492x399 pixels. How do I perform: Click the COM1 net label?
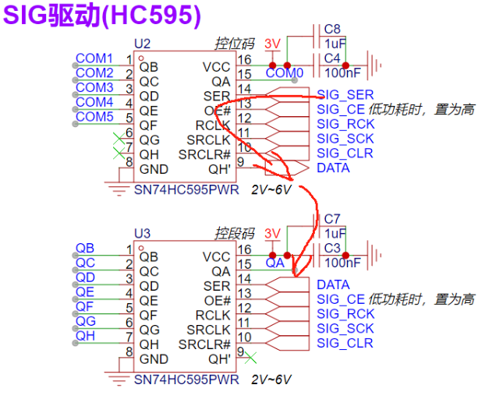coord(94,58)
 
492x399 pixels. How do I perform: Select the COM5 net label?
coord(94,117)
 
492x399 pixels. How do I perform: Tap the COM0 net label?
coord(285,73)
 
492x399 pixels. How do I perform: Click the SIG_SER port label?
coord(345,95)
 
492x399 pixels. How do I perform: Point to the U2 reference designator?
coord(142,44)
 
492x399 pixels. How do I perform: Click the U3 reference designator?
coord(142,233)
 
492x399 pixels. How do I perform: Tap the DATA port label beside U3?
coord(333,285)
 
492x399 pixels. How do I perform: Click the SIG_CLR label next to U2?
coord(345,153)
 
